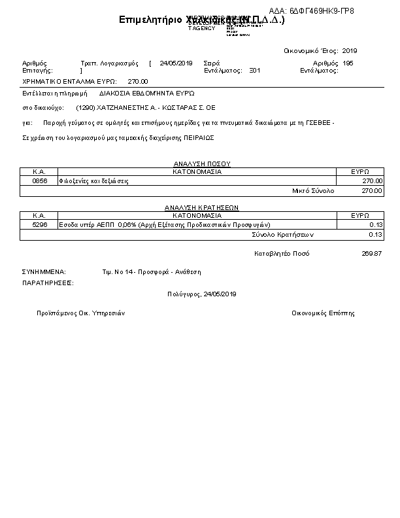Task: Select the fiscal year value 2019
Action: click(350, 50)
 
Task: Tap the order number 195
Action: click(348, 63)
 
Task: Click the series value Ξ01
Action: click(255, 70)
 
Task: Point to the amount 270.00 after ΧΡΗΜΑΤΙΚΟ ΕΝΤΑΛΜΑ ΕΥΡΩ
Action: click(138, 82)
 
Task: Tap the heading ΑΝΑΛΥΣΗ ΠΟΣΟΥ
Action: click(202, 164)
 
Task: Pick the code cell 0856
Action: click(39, 181)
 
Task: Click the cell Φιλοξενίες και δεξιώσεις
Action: click(93, 181)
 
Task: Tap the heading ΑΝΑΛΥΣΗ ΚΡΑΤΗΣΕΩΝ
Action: click(201, 207)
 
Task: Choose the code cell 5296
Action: click(39, 224)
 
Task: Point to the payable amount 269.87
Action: click(371, 253)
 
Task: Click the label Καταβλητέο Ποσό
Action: click(282, 253)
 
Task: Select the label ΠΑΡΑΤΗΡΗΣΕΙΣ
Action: click(48, 283)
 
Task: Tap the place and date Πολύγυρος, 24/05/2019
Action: click(201, 294)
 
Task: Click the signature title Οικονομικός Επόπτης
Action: click(323, 313)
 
